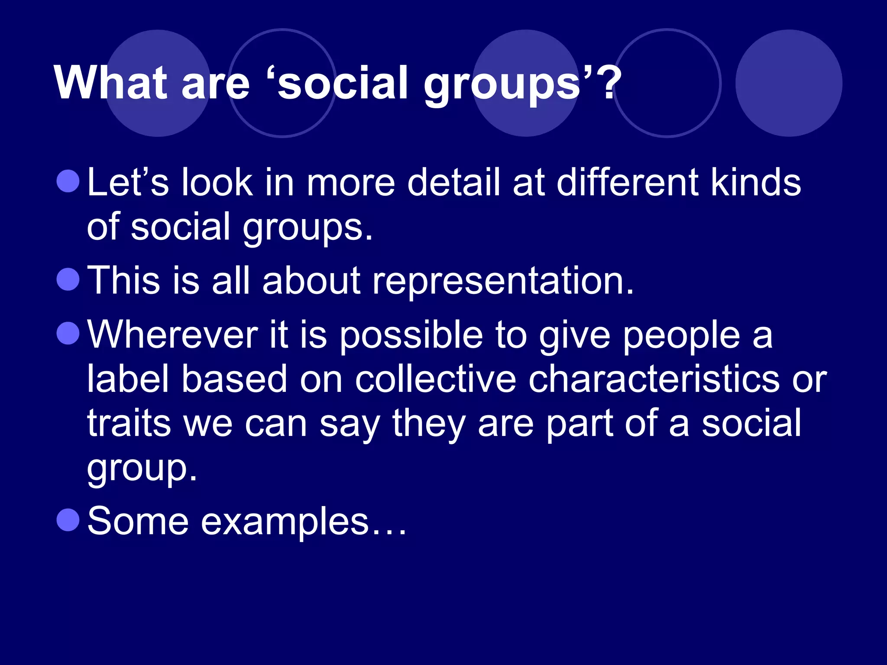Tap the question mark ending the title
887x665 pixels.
(610, 83)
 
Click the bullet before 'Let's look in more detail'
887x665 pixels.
(68, 181)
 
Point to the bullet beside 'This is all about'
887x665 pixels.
(68, 279)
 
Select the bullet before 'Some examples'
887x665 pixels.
(68, 519)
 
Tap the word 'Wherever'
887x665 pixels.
(173, 335)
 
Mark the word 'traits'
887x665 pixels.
(129, 423)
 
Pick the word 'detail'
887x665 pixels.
(453, 182)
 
